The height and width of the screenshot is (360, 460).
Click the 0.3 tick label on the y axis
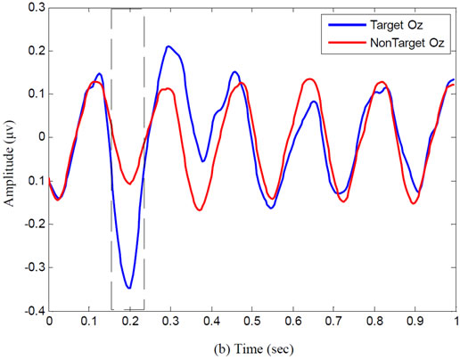tap(32, 8)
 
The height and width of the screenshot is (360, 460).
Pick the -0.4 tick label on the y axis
tap(32, 310)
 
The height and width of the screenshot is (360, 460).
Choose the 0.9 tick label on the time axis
tap(415, 321)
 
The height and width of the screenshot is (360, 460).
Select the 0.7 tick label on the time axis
tap(333, 321)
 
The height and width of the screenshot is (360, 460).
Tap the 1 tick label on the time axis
tap(456, 321)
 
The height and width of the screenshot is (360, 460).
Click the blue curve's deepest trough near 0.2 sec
tap(130, 288)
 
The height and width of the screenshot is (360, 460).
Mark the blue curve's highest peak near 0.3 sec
tap(168, 46)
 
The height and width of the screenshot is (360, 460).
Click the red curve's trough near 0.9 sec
tap(414, 203)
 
